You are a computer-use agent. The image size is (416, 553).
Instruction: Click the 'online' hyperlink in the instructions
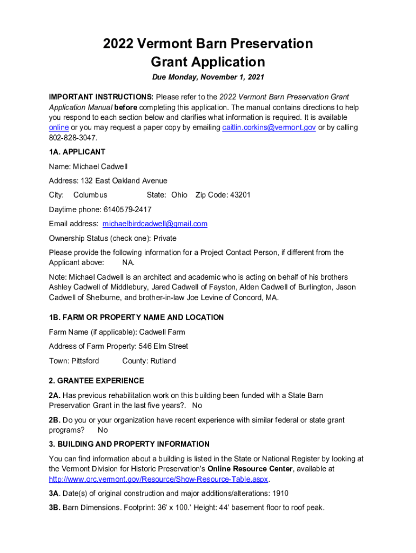pyautogui.click(x=59, y=127)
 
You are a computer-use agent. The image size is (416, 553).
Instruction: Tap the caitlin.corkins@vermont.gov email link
pyautogui.click(x=269, y=127)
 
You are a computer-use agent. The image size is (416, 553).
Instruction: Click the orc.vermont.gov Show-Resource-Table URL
pyautogui.click(x=159, y=479)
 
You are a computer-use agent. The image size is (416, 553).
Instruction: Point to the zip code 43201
pyautogui.click(x=240, y=195)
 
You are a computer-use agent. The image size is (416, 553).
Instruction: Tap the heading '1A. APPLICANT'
pyautogui.click(x=77, y=152)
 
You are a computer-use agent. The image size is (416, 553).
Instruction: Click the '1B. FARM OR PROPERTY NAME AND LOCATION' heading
pyautogui.click(x=136, y=318)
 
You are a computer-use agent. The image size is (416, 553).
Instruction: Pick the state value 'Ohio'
pyautogui.click(x=179, y=195)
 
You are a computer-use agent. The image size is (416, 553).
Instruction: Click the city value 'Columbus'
pyautogui.click(x=90, y=195)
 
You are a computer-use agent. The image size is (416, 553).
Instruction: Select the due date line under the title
pyautogui.click(x=208, y=77)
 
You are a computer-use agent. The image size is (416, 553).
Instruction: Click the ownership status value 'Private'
pyautogui.click(x=165, y=238)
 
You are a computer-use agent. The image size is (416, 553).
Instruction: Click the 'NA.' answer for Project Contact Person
pyautogui.click(x=128, y=262)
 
